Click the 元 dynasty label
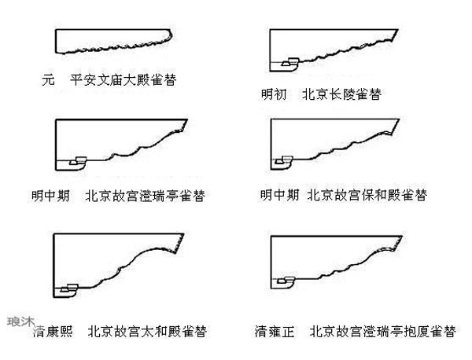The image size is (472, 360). coord(50,79)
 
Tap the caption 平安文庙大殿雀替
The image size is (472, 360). coord(123,79)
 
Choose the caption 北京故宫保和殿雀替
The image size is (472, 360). coord(367,194)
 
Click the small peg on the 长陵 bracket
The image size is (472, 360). coord(290,61)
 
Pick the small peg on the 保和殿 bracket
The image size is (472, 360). coord(287,160)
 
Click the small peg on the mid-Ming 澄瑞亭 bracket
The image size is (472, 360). coord(79,161)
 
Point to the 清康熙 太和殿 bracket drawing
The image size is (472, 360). coord(110,259)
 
